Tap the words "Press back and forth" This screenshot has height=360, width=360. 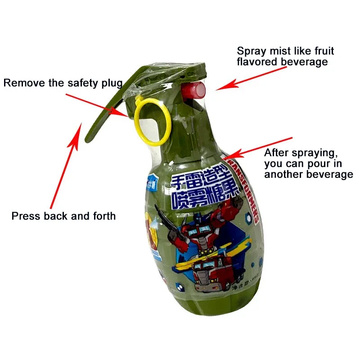63,216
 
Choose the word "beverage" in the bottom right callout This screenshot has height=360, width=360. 330,174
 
